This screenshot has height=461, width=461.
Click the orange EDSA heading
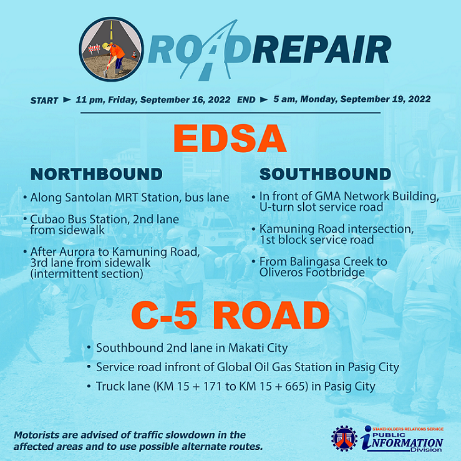click(230, 138)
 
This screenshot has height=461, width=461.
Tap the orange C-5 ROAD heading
click(230, 316)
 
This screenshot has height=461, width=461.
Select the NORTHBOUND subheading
click(97, 174)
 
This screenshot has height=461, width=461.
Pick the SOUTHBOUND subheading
click(325, 174)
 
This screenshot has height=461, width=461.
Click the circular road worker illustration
click(111, 49)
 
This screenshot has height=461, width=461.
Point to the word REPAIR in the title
click(321, 50)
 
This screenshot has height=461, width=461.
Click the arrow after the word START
click(67, 100)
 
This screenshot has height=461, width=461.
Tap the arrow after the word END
click(264, 100)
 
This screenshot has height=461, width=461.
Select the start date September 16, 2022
click(185, 100)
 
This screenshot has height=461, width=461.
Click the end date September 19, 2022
click(385, 99)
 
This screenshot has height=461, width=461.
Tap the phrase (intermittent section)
click(87, 274)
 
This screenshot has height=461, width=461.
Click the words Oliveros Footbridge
click(312, 272)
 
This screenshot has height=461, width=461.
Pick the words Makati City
click(258, 348)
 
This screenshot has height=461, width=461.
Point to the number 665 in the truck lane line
click(296, 386)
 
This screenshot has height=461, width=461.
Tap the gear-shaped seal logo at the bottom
click(344, 439)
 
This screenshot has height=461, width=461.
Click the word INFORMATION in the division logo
click(405, 443)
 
